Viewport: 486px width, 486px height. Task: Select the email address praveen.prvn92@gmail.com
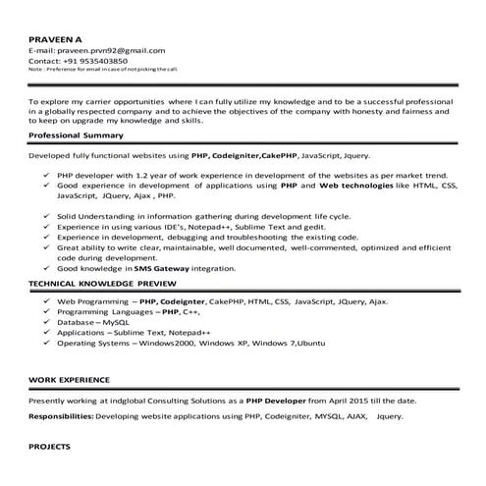click(x=115, y=49)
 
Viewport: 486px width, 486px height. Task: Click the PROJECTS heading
click(x=50, y=446)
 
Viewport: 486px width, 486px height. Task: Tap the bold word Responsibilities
click(x=62, y=416)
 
